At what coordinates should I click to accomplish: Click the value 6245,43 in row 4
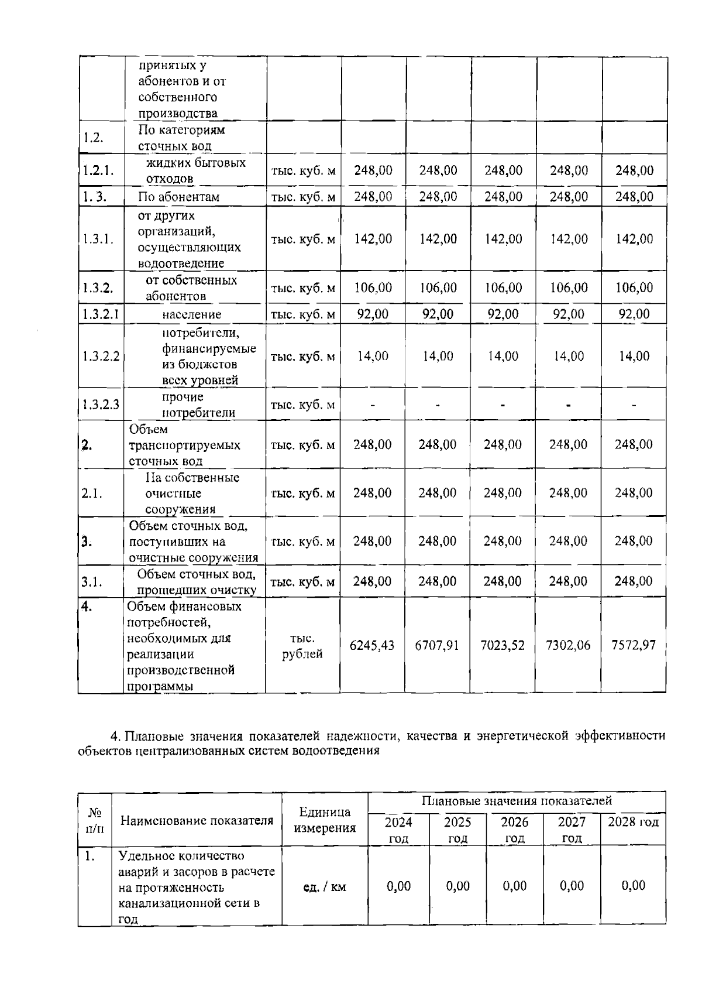(371, 645)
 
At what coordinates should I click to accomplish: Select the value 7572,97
(634, 645)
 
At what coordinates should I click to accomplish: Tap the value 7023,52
(503, 645)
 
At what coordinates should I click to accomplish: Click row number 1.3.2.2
(101, 356)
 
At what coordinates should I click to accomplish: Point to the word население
(192, 314)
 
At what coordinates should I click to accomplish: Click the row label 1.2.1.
(97, 170)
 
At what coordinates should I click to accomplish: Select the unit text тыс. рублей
(302, 646)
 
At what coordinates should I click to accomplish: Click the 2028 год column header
(633, 822)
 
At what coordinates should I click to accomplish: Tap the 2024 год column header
(398, 830)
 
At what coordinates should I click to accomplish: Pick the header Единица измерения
(325, 820)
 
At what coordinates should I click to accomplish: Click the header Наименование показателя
(197, 820)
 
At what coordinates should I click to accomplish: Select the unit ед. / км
(325, 887)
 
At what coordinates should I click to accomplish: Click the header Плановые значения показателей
(517, 800)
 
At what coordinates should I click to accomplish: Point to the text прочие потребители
(191, 405)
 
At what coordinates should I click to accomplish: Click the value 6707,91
(437, 645)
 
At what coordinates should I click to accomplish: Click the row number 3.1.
(92, 581)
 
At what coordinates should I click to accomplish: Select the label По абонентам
(178, 197)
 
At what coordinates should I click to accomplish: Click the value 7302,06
(568, 645)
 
